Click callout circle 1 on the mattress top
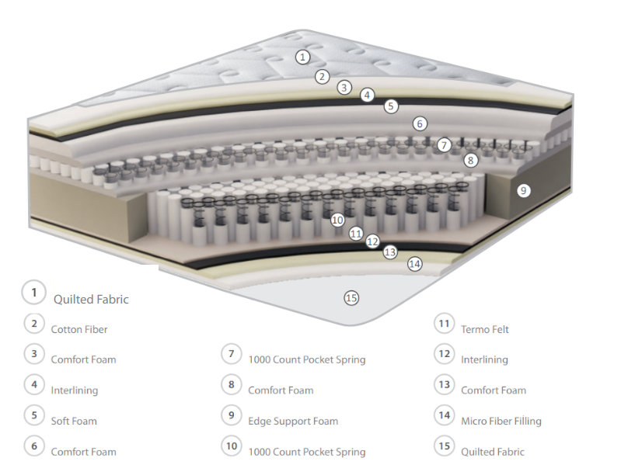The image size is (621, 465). [x=303, y=57]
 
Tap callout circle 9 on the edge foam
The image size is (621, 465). [x=524, y=189]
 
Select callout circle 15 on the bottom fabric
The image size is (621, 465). [x=351, y=297]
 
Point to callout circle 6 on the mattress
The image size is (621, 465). [x=420, y=123]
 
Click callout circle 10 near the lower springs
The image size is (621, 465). [x=337, y=220]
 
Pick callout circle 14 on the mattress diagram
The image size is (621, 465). [x=415, y=264]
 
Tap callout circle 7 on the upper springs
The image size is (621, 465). [x=444, y=144]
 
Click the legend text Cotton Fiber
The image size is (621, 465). [x=79, y=329]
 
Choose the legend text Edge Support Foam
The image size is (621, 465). [x=293, y=421]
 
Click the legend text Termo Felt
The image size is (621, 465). [x=485, y=329]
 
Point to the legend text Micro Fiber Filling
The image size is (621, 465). [x=501, y=421]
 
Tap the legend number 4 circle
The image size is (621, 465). [x=34, y=384]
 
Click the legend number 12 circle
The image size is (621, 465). [x=445, y=354]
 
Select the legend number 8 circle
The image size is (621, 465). [x=231, y=384]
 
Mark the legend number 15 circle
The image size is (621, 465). [x=445, y=446]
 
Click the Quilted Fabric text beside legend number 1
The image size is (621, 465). [x=91, y=299]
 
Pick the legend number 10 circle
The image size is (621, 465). [x=231, y=446]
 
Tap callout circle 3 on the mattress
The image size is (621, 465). [x=344, y=88]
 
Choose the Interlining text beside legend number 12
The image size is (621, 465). [x=484, y=359]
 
